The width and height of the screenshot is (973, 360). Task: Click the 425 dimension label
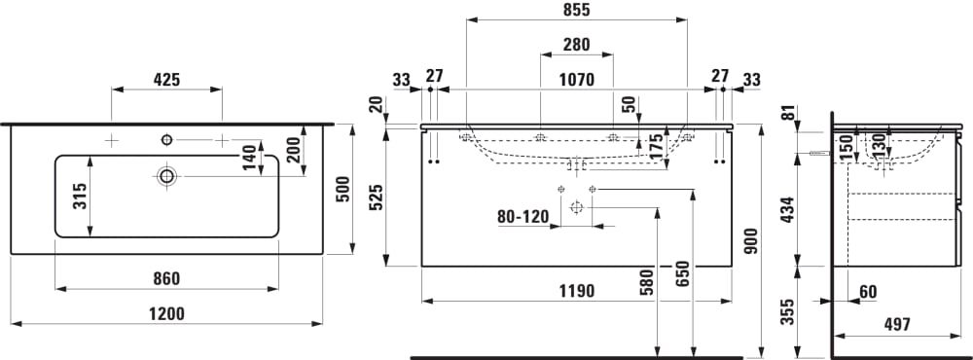pos(166,80)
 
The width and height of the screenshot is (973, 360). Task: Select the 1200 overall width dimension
pos(166,314)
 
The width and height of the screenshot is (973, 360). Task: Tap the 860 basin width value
pos(166,278)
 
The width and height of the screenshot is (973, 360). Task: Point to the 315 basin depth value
pos(80,197)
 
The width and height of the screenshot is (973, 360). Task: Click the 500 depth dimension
pos(342,190)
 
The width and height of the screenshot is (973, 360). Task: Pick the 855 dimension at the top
pos(576,10)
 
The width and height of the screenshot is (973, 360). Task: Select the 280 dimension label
pos(576,45)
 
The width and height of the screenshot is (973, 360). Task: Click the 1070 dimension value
pos(576,80)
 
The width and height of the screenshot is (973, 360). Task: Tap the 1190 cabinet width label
pos(576,291)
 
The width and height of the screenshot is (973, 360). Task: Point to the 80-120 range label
pos(523,217)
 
